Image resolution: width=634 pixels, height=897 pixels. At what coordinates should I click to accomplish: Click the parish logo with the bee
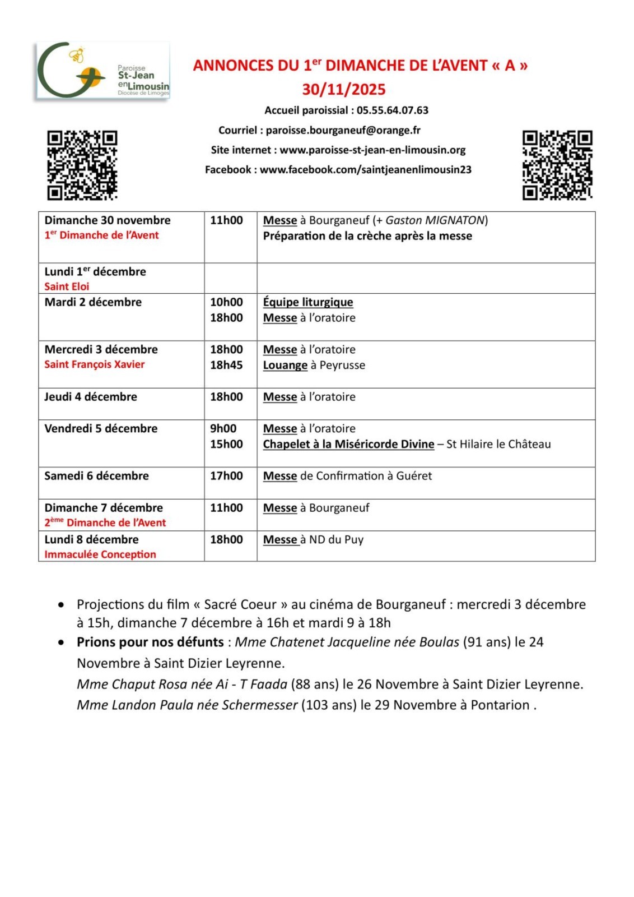[103, 71]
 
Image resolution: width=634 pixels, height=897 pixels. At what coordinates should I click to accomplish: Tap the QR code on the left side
[82, 165]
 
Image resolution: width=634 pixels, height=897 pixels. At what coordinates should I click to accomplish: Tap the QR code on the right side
[557, 165]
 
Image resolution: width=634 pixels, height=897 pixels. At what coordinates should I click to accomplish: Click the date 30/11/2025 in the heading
[344, 90]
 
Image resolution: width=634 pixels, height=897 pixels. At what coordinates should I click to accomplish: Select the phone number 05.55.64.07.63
[392, 110]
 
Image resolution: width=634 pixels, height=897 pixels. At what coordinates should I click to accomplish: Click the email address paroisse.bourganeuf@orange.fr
[343, 131]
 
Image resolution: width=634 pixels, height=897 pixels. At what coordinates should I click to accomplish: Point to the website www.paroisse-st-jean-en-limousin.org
[372, 150]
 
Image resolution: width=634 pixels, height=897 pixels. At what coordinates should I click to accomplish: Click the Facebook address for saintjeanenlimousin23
[365, 170]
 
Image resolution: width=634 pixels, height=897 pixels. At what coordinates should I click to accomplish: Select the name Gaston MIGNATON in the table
[435, 220]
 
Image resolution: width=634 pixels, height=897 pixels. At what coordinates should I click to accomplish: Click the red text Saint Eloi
[67, 286]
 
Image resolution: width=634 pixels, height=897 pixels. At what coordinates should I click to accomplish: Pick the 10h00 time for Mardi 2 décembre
[226, 302]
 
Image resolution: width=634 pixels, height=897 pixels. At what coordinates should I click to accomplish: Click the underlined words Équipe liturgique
[308, 302]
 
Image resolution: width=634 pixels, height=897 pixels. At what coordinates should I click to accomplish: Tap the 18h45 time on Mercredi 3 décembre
[226, 365]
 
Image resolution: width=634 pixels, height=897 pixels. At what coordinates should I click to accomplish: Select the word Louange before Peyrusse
[285, 365]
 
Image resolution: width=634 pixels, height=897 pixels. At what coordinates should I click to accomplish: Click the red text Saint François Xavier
[95, 364]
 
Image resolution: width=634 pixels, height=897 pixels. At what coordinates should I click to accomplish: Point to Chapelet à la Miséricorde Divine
[348, 444]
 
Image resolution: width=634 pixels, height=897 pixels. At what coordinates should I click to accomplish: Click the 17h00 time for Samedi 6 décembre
[226, 476]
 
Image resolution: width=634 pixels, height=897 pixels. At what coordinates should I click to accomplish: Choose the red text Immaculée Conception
[100, 554]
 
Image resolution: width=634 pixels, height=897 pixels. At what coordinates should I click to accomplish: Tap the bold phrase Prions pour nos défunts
[150, 642]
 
